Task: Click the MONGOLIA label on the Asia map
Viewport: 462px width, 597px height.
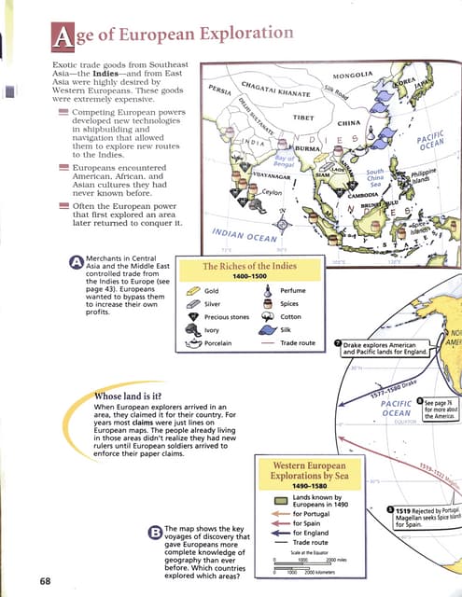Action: click(353, 74)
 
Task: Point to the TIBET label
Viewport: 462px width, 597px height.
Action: click(302, 118)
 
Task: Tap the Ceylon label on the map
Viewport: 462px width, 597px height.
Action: click(272, 191)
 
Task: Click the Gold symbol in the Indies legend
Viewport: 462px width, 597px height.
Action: click(192, 291)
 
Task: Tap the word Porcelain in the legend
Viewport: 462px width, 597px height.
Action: click(220, 342)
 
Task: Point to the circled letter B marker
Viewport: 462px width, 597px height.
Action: click(154, 534)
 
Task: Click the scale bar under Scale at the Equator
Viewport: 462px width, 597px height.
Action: click(308, 562)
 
